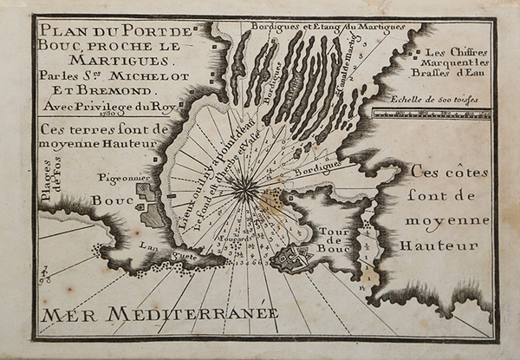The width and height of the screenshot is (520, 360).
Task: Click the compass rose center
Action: coord(246,183)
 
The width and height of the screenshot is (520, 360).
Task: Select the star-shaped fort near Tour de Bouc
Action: coord(296,256)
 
